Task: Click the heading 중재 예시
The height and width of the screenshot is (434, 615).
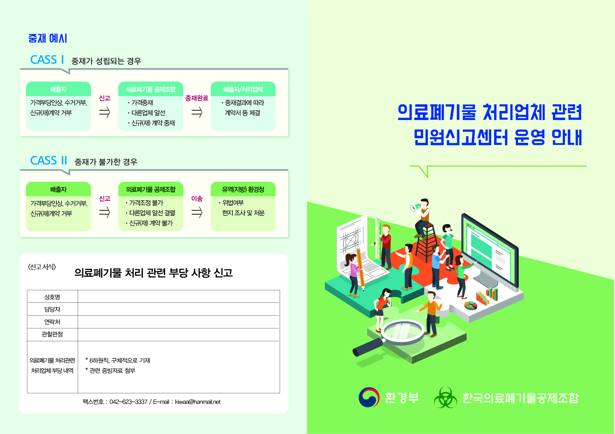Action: coord(48,38)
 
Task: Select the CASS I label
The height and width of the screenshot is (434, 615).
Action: coord(47,60)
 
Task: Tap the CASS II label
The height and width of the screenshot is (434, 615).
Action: coord(49,161)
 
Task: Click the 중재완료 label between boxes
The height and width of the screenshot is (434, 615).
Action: coord(197,98)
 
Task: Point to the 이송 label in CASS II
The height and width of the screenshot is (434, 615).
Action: coord(197,198)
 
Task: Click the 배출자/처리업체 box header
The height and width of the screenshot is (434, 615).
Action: coord(243,89)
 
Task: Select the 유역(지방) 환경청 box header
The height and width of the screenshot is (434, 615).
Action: coord(243,189)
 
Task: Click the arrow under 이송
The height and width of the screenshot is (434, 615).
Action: coord(197,212)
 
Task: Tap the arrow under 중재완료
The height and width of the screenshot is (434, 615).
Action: coord(197,112)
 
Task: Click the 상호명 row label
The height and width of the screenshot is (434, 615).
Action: coord(52,297)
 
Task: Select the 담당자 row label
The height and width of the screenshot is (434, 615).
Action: coord(52,309)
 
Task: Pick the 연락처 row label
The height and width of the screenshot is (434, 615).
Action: coord(52,322)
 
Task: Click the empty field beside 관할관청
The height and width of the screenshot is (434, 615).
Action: coord(179,335)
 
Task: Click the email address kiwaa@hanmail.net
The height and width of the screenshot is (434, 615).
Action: coord(198,402)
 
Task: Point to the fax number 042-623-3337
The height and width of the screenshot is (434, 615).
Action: coord(128,402)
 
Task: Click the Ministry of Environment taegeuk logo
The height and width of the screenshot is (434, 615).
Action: coord(369,397)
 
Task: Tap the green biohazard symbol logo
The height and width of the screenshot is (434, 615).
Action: coord(445,397)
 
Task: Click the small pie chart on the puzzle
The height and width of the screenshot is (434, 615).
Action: coord(471,306)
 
